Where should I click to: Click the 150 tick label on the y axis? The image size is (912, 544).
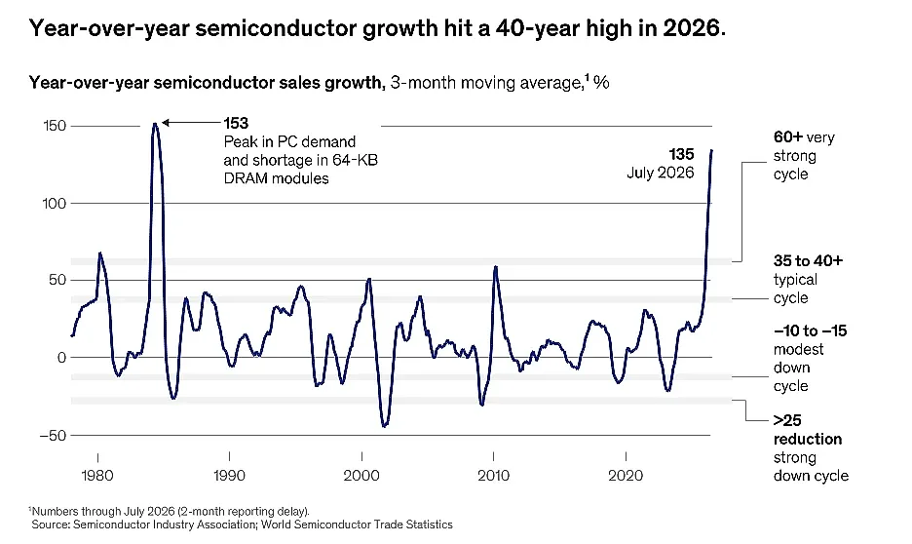[x=55, y=126]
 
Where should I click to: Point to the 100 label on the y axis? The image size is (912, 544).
[x=55, y=203]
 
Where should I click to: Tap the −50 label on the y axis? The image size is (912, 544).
[x=53, y=435]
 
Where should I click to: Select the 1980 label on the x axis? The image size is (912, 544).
[x=97, y=476]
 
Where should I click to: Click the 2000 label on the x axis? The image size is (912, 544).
[x=361, y=476]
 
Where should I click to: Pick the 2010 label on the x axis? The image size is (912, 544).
[x=493, y=476]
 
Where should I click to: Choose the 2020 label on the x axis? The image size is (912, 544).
[x=626, y=476]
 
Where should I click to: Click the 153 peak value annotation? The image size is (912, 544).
[x=236, y=124]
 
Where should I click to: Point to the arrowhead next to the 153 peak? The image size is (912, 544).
[x=166, y=123]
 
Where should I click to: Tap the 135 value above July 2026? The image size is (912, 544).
[x=681, y=154]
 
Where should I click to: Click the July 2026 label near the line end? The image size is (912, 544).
[x=661, y=173]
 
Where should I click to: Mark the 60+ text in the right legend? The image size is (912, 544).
[x=788, y=137]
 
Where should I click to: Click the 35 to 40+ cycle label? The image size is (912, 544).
[x=808, y=260]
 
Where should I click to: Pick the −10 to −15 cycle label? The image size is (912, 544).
[x=811, y=331]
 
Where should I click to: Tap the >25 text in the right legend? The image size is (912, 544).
[x=787, y=420]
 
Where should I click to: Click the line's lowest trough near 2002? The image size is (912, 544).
[x=384, y=426]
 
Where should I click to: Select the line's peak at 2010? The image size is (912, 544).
[x=496, y=266]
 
